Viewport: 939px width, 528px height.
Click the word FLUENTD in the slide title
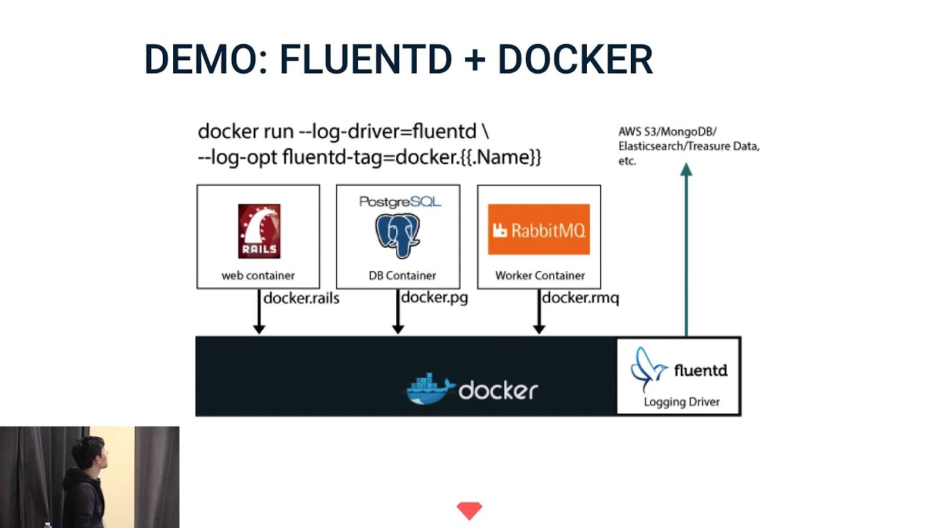(365, 59)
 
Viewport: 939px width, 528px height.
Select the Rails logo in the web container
(259, 231)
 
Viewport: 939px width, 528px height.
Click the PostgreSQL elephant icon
(398, 235)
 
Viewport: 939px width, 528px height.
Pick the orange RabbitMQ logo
(538, 230)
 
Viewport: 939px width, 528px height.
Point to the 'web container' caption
(258, 276)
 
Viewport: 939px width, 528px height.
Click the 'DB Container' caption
(402, 276)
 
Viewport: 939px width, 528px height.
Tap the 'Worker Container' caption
(540, 276)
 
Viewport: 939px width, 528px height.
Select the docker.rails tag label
(301, 298)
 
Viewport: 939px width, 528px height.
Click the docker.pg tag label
(434, 297)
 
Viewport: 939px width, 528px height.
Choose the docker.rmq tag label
(580, 298)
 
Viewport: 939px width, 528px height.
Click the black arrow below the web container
(259, 312)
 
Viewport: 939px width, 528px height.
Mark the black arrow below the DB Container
(398, 312)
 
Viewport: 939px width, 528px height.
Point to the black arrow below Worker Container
(538, 312)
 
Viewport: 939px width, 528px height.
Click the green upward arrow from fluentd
(686, 249)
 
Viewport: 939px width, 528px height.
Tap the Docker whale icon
(430, 389)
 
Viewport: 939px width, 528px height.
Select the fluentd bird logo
(648, 370)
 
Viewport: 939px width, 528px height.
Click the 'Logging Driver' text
(682, 402)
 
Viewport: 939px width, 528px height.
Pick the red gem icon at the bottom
(469, 510)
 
